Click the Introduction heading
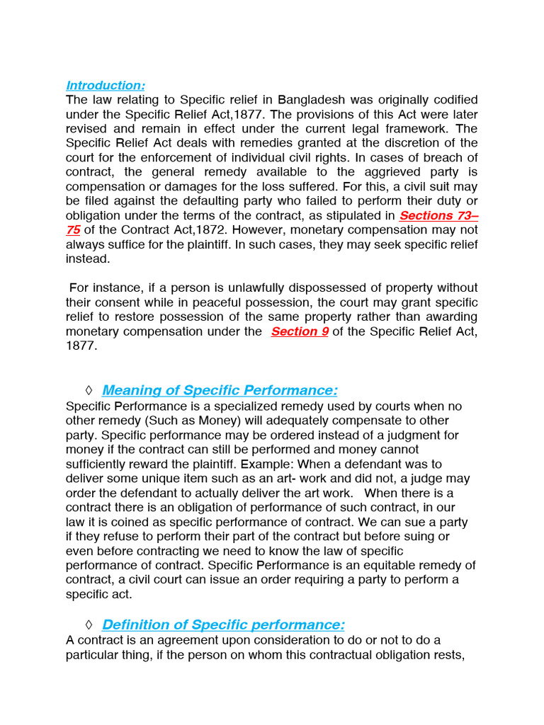[106, 86]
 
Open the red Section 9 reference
[300, 331]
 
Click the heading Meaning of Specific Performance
[220, 391]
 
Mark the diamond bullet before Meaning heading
[89, 391]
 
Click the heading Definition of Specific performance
[223, 624]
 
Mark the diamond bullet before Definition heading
[89, 624]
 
